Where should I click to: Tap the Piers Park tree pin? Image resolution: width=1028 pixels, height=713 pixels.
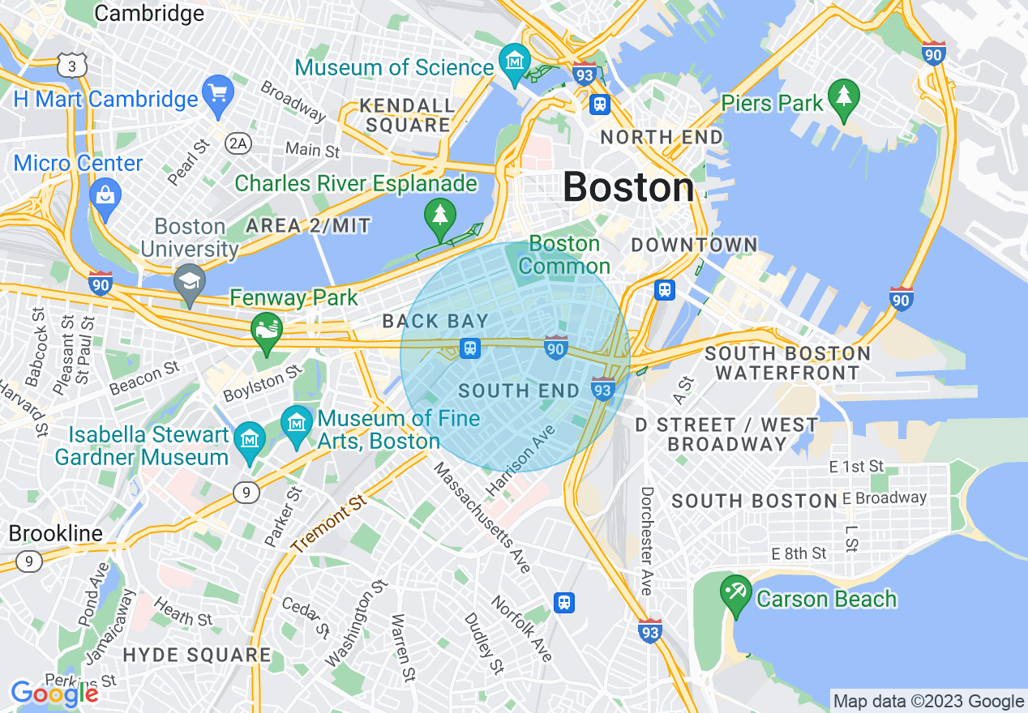(844, 97)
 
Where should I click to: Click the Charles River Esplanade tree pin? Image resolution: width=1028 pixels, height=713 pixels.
(439, 216)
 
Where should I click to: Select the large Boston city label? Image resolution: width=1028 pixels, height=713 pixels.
(628, 187)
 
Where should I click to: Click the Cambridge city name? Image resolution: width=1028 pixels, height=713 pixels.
(149, 13)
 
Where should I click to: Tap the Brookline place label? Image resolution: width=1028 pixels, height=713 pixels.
(56, 533)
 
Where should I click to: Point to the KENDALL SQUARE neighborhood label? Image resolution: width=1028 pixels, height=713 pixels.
(407, 115)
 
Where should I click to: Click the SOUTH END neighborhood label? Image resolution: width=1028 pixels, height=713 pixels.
(519, 391)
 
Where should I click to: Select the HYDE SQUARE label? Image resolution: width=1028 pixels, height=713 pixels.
(197, 654)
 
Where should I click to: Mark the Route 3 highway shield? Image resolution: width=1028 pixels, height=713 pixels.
(72, 66)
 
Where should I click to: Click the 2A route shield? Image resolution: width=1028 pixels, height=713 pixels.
(238, 144)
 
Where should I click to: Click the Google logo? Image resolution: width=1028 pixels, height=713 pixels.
(54, 694)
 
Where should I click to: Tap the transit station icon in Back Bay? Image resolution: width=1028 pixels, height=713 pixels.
(469, 348)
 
